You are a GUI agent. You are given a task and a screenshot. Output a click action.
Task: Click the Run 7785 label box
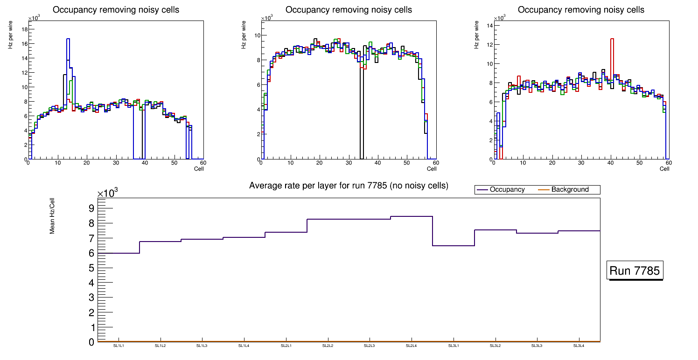(x=635, y=270)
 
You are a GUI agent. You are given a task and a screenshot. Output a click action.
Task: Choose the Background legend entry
(x=570, y=190)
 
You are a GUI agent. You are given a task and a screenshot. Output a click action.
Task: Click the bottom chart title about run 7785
(x=349, y=186)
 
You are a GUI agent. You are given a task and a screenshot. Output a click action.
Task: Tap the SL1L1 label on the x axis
(x=119, y=346)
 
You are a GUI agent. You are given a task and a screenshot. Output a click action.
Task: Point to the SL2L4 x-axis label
(x=411, y=346)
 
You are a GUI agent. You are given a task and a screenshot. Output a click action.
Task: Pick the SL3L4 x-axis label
(x=579, y=346)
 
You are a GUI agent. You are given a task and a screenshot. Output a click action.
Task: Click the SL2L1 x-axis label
(x=286, y=346)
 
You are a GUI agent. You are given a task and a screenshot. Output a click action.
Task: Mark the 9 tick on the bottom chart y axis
(x=91, y=208)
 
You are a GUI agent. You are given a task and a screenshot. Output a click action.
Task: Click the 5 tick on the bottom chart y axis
(x=91, y=268)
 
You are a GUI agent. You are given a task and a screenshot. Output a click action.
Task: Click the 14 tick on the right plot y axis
(x=490, y=25)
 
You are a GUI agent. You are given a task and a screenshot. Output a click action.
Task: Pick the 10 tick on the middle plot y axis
(x=257, y=35)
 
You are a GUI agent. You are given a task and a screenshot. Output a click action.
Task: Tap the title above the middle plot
(x=349, y=10)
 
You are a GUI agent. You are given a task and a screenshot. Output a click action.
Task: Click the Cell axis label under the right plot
(x=664, y=169)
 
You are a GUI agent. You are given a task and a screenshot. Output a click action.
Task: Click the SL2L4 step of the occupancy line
(x=412, y=216)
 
